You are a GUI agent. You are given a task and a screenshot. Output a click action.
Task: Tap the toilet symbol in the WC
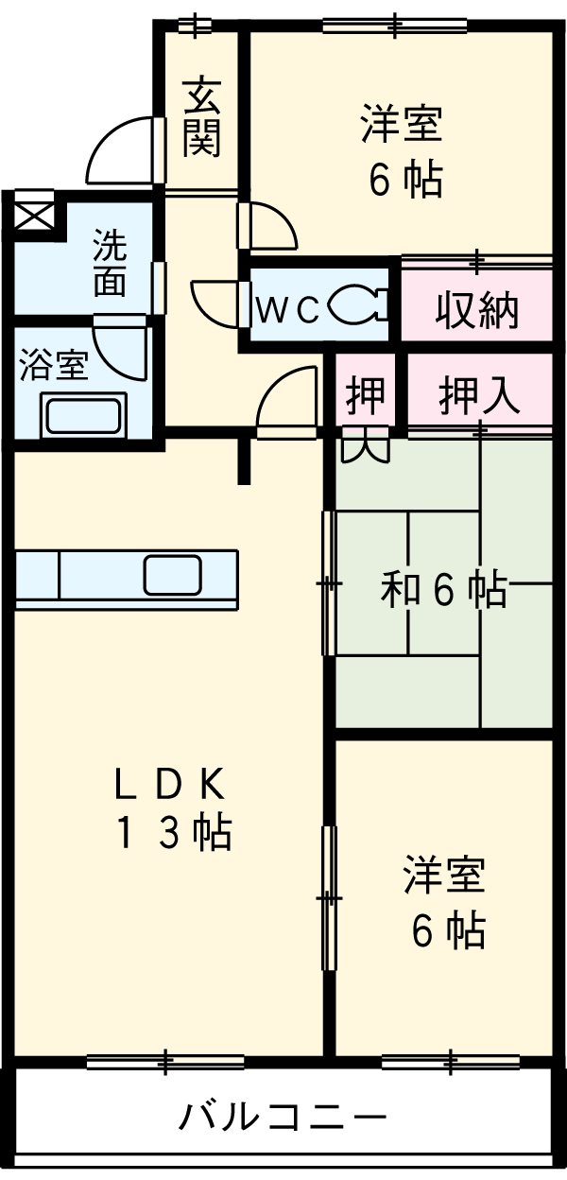356,304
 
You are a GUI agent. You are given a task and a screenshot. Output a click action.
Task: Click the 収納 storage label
477,310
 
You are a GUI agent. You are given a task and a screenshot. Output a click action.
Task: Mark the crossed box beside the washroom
35,214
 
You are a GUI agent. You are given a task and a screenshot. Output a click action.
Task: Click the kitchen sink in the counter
172,573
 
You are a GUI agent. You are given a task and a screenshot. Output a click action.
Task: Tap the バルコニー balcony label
283,1119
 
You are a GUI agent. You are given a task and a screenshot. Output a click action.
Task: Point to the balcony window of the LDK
167,1061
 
